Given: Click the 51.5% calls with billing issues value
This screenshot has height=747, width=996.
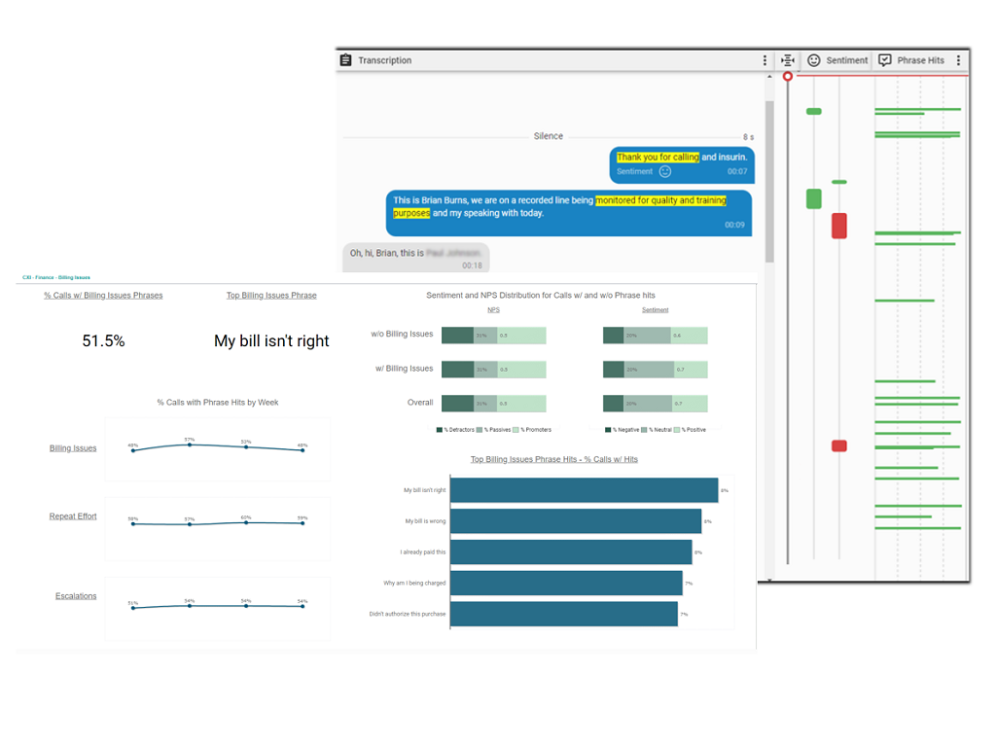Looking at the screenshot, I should click(103, 341).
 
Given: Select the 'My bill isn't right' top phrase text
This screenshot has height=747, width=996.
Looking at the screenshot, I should click(271, 341).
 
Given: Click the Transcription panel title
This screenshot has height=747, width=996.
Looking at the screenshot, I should click(384, 60).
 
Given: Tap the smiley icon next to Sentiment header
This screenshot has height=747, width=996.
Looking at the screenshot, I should click(814, 60).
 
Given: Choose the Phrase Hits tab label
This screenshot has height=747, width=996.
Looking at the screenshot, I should click(920, 60).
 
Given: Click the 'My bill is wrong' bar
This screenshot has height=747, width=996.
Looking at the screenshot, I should click(576, 521).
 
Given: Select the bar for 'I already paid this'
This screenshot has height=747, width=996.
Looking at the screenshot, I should click(571, 552).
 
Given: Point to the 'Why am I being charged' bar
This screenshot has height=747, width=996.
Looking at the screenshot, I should click(566, 584).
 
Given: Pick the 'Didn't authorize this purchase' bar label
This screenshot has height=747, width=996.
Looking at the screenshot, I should click(408, 614).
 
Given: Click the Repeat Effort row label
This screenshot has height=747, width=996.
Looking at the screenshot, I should click(73, 516).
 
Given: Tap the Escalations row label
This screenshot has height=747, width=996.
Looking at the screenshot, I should click(76, 596).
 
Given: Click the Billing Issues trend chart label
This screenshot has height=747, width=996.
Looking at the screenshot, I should click(73, 448).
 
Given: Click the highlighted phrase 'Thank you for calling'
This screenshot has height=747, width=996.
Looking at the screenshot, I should click(658, 157).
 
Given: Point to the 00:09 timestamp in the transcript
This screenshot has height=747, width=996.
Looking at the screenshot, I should click(733, 225).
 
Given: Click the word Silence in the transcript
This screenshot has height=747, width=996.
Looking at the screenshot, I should click(549, 136).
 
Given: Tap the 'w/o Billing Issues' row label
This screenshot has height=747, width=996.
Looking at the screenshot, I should click(402, 335).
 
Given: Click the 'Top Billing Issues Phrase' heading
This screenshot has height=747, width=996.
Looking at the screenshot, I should click(271, 296).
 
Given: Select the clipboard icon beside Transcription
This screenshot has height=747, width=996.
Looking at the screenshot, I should click(345, 60).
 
